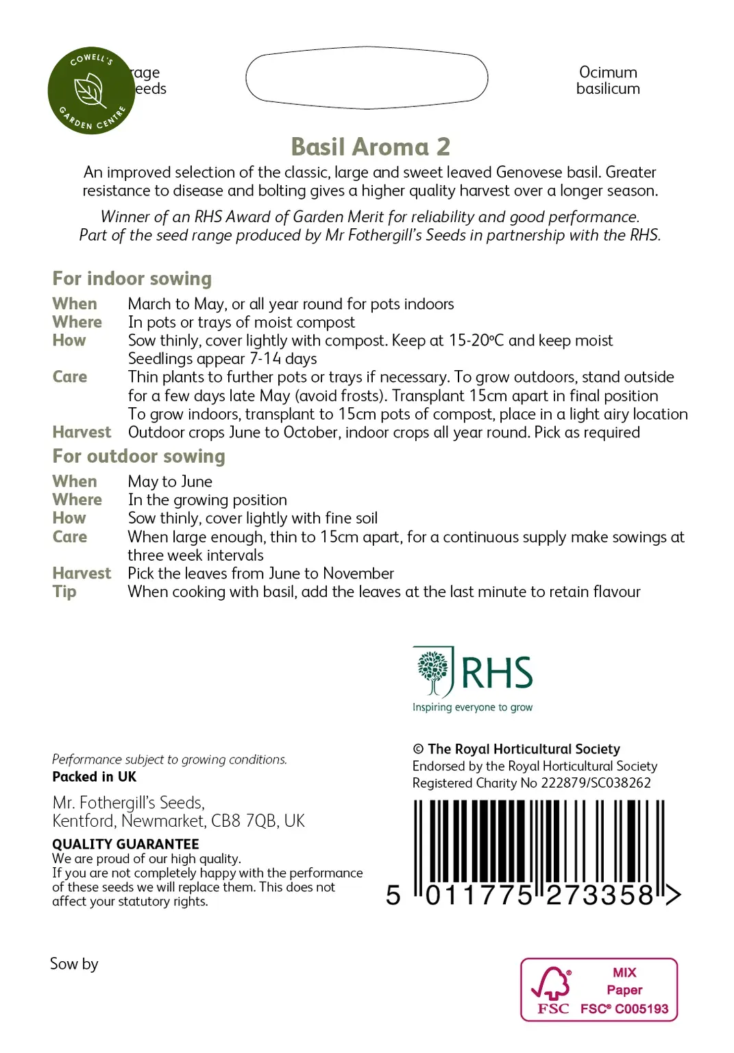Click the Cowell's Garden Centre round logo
coord(91,90)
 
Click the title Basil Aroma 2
coord(370,147)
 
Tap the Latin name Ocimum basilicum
coord(608,81)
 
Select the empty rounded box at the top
coord(367,77)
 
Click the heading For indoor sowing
coord(132,278)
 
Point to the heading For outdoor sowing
coord(138,456)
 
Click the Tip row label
coord(64,592)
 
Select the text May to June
coord(170,481)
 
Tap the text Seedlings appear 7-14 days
coord(222,359)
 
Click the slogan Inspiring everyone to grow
coord(472,707)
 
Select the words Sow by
coord(74,964)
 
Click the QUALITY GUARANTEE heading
coord(125,844)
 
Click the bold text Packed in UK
coord(94,777)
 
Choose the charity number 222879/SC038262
coord(596,783)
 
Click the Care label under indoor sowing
coord(70,377)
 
